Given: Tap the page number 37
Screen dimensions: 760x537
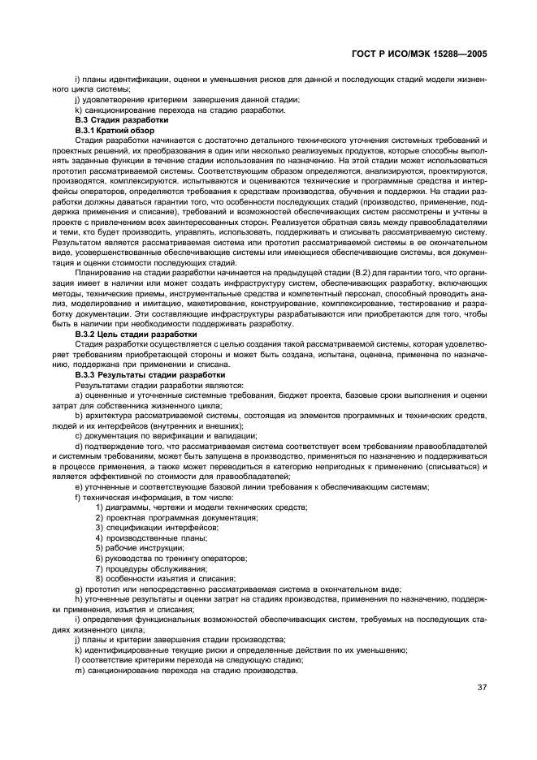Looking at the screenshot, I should tap(482, 688).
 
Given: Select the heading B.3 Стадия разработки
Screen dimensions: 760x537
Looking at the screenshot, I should tap(110, 120).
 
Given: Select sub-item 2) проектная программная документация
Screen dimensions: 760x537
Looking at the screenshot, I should tap(176, 517).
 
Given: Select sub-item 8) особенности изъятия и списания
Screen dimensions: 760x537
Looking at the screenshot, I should tap(165, 579).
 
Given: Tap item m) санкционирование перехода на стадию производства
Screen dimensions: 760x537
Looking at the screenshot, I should tap(188, 671).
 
